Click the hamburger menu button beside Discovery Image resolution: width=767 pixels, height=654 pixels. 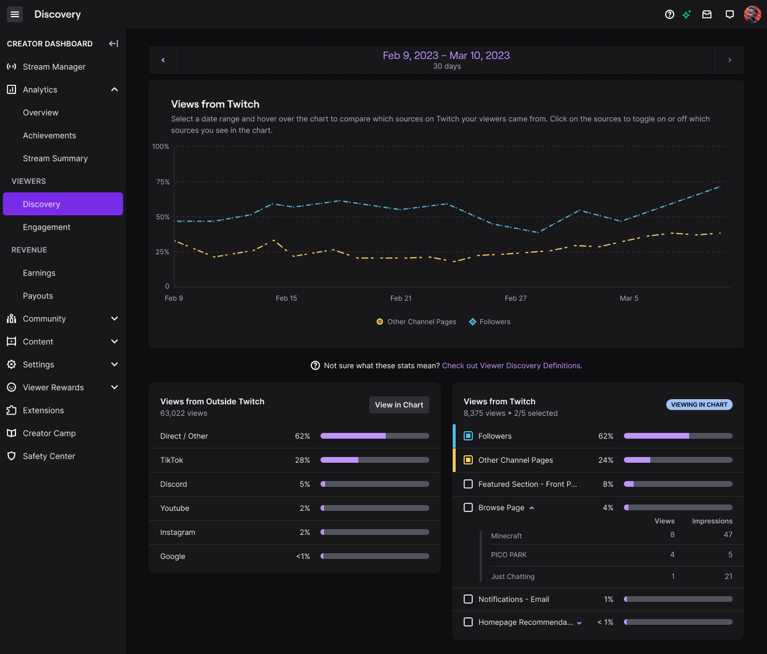[15, 14]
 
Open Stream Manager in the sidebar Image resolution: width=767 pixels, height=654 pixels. [54, 66]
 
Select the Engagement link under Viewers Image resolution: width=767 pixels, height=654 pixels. [47, 227]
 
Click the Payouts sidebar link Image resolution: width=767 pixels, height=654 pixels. [38, 296]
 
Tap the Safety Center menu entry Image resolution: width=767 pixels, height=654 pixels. [49, 456]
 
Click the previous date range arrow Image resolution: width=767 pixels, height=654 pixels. [163, 60]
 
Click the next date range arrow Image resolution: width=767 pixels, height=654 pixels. [729, 60]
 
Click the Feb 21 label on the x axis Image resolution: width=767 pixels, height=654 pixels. [401, 299]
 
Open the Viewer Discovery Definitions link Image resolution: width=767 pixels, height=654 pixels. [511, 366]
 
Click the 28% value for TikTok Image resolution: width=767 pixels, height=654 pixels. [302, 460]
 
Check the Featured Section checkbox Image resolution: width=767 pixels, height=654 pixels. [468, 484]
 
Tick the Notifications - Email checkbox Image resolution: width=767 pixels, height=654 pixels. [468, 599]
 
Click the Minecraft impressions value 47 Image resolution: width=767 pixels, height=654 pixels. [727, 534]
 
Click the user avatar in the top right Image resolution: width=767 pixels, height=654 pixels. [752, 14]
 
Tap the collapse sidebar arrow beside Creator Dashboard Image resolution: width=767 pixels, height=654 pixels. [113, 43]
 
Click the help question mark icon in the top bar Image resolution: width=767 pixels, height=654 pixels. [669, 14]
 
